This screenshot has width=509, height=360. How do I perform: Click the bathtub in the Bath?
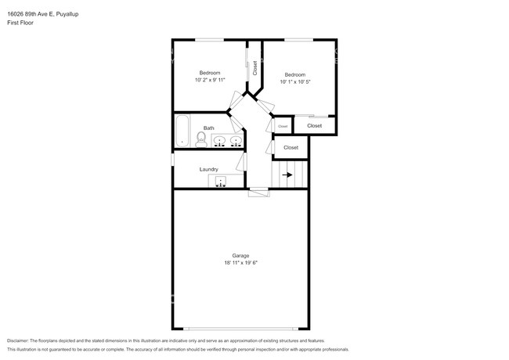tap(182, 131)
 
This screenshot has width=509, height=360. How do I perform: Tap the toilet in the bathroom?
tap(201, 140)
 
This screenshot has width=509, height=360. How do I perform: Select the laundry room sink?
tap(221, 181)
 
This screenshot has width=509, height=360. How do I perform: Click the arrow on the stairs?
tap(287, 175)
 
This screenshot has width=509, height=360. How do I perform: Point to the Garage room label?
tap(240, 256)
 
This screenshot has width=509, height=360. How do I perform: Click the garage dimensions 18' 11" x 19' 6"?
tap(240, 263)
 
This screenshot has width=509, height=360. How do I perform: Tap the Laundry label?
tap(209, 169)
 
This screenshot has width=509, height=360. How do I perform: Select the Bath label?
tap(209, 128)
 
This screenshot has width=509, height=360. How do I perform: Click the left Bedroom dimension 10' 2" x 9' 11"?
tap(210, 80)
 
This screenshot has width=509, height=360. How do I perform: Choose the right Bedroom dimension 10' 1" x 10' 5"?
tap(295, 81)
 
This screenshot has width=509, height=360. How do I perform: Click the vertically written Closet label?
tap(254, 68)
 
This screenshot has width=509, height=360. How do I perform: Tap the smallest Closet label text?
tap(283, 126)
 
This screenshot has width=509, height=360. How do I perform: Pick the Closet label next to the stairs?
tap(291, 148)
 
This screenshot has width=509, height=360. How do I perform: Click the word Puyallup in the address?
tap(67, 14)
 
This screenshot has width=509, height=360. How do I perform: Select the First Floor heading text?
tap(20, 23)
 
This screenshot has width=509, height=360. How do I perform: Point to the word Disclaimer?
tap(18, 340)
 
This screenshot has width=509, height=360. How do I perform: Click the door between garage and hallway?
tap(258, 193)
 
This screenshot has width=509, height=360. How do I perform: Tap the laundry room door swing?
tap(242, 162)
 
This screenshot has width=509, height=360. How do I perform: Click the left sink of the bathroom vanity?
tap(219, 141)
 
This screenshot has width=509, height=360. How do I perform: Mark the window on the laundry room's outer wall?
tap(173, 160)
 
